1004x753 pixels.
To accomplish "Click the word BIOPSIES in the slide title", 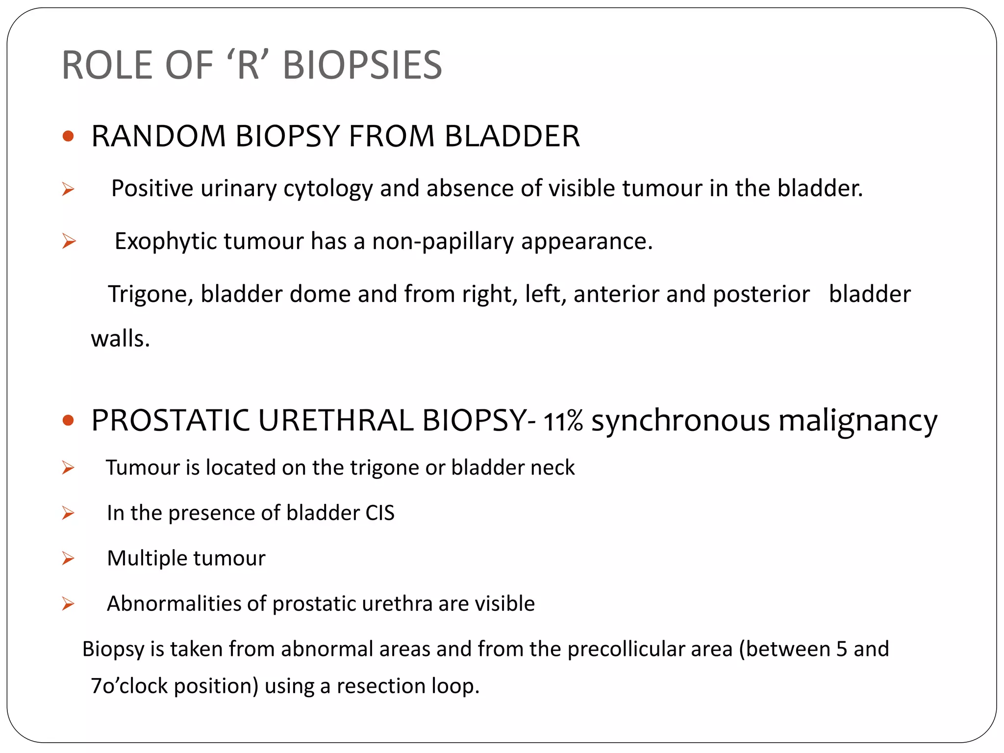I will click(362, 66).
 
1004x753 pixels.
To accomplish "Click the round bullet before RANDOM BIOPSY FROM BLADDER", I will click(68, 136).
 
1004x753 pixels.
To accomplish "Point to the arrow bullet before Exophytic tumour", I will click(69, 241).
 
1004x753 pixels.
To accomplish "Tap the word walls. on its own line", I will click(120, 339).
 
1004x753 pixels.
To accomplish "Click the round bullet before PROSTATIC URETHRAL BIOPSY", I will click(68, 421).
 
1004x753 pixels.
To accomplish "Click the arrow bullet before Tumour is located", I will click(68, 468).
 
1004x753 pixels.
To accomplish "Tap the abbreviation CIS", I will click(380, 513).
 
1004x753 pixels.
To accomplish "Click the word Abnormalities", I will click(174, 604).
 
